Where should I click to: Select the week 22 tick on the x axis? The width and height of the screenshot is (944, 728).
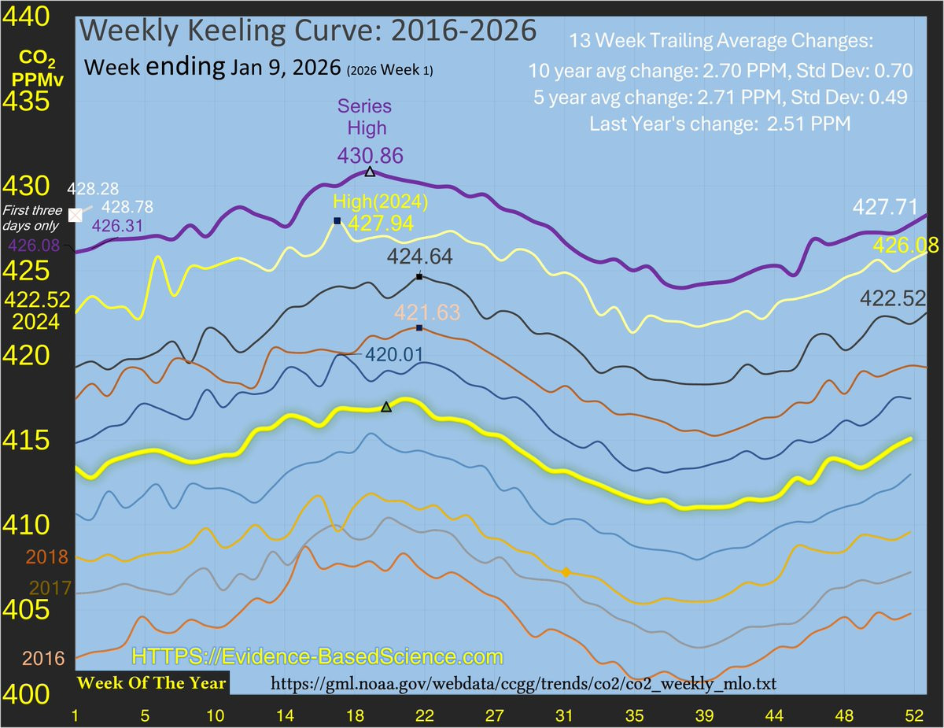click(x=426, y=715)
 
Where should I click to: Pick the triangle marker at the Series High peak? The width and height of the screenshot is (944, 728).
click(x=370, y=172)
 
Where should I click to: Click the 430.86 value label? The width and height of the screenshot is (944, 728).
click(x=364, y=155)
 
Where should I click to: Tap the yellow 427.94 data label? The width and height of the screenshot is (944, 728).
click(x=381, y=224)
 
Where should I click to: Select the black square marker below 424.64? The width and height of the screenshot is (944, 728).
click(x=419, y=277)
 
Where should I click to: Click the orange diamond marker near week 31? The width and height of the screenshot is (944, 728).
click(x=566, y=572)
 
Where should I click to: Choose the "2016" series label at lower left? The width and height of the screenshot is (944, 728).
click(x=43, y=658)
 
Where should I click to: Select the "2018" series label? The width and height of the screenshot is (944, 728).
click(x=48, y=557)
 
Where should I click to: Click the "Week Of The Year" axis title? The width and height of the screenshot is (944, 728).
click(x=151, y=682)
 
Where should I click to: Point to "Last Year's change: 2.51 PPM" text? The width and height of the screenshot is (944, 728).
click(x=720, y=124)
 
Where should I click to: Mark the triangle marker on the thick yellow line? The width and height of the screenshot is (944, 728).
click(x=385, y=407)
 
